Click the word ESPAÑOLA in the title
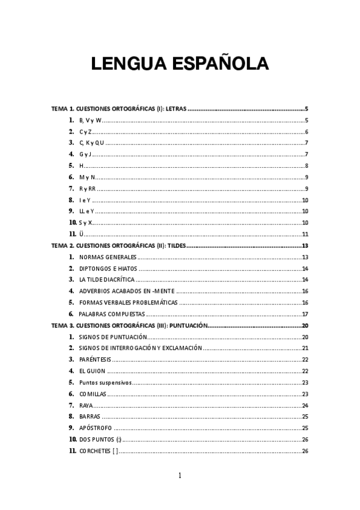point(217,64)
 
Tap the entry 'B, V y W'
point(90,120)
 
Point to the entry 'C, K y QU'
point(92,143)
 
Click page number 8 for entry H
point(307,166)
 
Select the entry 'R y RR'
point(87,189)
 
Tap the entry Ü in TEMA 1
point(81,234)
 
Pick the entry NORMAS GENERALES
point(108,257)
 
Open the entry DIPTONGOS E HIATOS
point(108,268)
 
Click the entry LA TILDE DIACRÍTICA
point(106,280)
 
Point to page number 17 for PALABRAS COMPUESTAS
point(305,314)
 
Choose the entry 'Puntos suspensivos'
point(105,382)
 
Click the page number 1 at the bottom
point(180,476)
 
